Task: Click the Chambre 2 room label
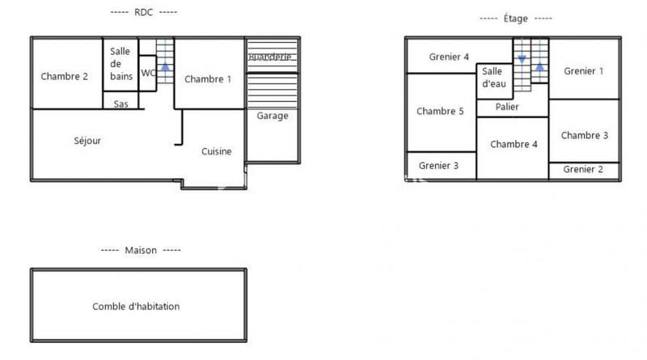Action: tap(64, 77)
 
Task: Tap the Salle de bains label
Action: tap(121, 64)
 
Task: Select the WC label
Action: tap(149, 73)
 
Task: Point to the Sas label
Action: tap(121, 104)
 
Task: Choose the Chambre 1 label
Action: tap(208, 78)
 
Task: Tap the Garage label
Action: tap(273, 116)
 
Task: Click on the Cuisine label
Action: tap(217, 151)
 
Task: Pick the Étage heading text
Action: tap(516, 18)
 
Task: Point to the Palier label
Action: tap(507, 107)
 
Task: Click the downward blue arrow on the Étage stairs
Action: tap(522, 59)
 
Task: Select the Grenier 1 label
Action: tap(584, 71)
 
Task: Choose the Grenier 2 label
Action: tap(584, 169)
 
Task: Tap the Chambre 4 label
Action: tap(514, 145)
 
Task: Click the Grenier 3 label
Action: tap(439, 166)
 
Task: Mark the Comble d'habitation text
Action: tap(136, 307)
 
